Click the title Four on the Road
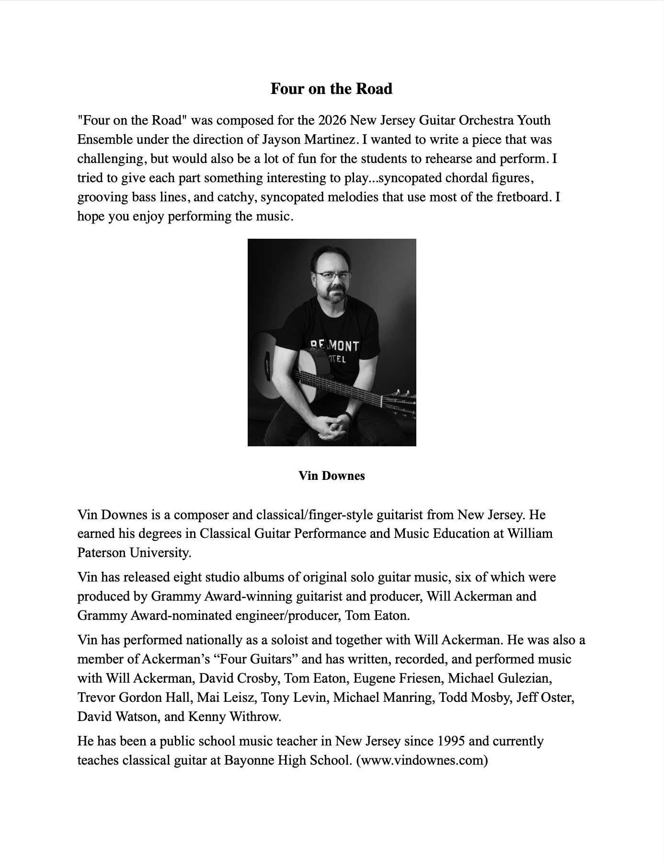(x=331, y=89)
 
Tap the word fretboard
(x=521, y=197)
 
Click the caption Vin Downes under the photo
(x=332, y=476)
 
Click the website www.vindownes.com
(x=422, y=760)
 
